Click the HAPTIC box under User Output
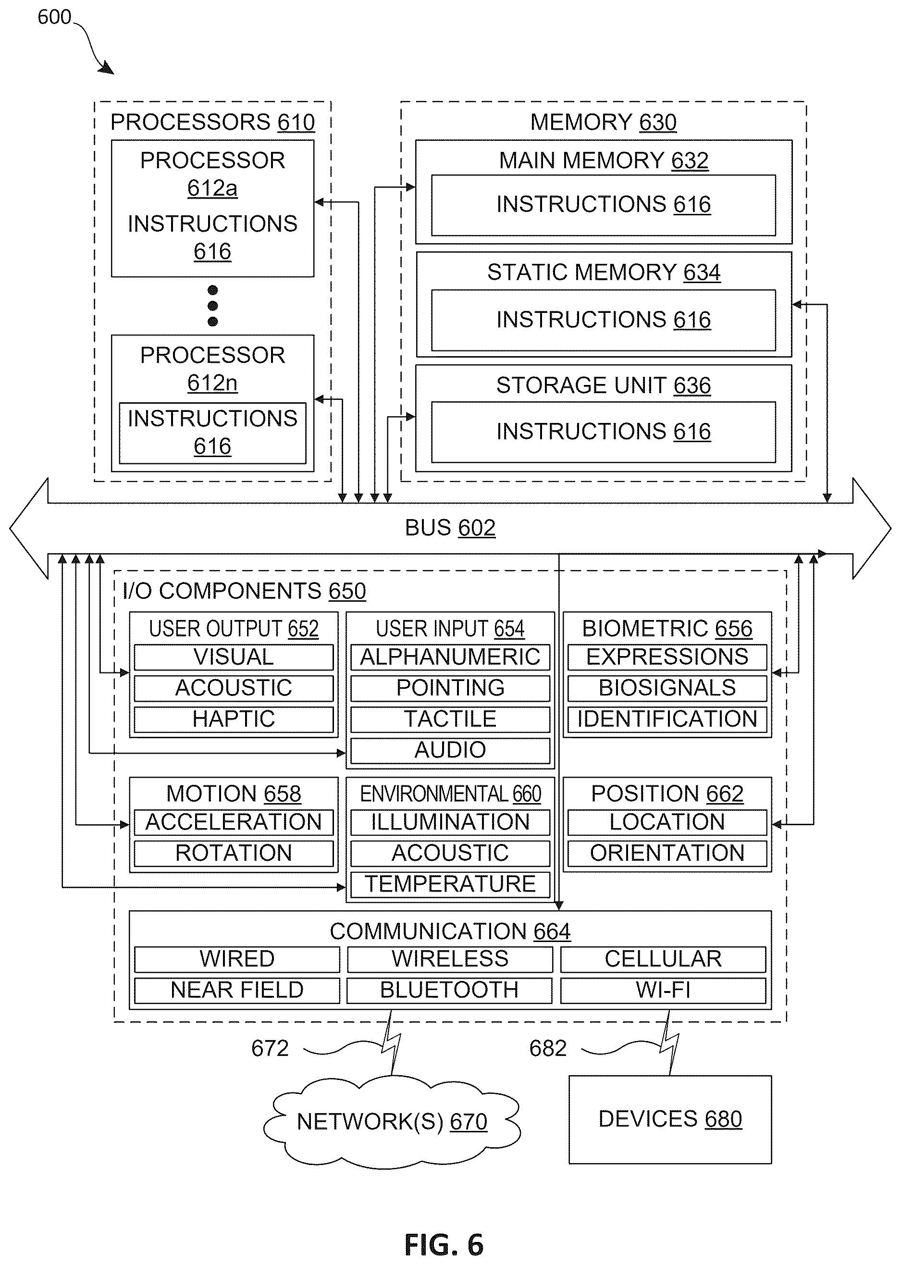point(234,719)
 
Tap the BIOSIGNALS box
point(667,688)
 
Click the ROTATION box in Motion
point(234,853)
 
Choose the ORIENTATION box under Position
point(667,853)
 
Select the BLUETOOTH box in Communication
point(449,991)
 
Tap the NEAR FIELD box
point(237,991)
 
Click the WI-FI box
point(663,991)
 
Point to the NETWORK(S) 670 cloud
point(392,1121)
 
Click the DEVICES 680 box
point(670,1119)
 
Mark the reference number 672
point(270,1048)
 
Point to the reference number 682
point(548,1048)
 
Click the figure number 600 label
point(54,17)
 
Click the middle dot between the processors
point(212,306)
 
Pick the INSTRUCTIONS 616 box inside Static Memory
point(604,320)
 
